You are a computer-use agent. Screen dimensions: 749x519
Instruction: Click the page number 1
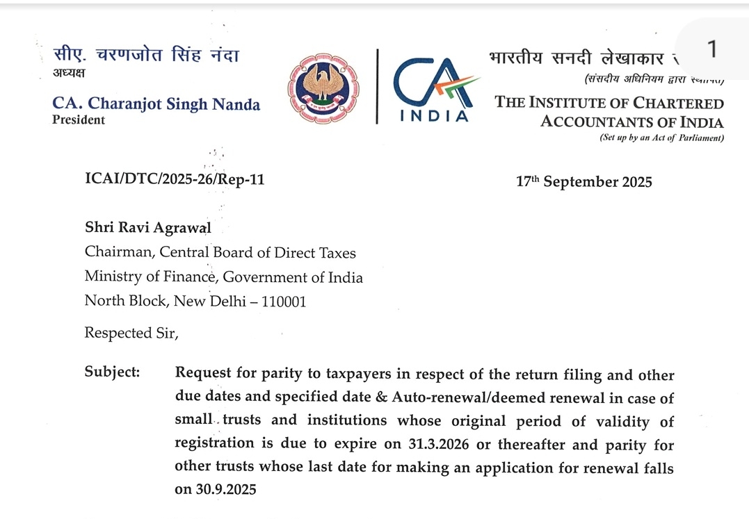(711, 49)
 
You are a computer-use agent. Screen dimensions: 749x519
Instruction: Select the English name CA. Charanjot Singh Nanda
(156, 104)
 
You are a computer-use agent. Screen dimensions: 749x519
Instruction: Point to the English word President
(79, 120)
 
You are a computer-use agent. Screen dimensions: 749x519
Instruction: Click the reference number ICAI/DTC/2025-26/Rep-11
(175, 180)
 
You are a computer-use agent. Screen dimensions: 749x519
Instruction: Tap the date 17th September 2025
(584, 182)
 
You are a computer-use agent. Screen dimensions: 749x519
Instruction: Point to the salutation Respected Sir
(131, 333)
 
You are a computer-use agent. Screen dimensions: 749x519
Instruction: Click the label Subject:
(112, 372)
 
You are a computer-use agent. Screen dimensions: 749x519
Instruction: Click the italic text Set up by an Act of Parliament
(661, 138)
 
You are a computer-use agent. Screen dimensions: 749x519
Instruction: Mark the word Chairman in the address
(116, 254)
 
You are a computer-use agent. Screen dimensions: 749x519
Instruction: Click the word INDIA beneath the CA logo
(435, 116)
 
